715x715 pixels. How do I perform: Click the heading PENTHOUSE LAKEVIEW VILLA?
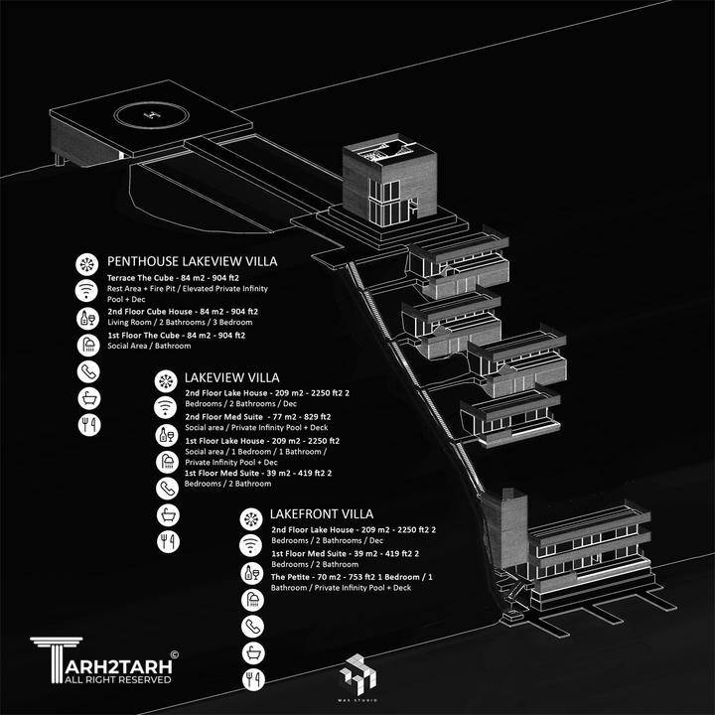pyautogui.click(x=192, y=261)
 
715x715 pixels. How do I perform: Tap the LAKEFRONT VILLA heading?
pyautogui.click(x=322, y=514)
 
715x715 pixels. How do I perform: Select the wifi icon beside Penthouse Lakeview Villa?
pyautogui.click(x=87, y=290)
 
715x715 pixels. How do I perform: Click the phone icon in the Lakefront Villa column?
pyautogui.click(x=252, y=626)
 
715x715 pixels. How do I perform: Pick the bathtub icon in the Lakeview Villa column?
pyautogui.click(x=168, y=515)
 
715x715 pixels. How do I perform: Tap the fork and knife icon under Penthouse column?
pyautogui.click(x=89, y=425)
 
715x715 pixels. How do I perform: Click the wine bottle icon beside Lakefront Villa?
pyautogui.click(x=251, y=573)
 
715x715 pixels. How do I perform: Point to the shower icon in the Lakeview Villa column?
pyautogui.click(x=168, y=462)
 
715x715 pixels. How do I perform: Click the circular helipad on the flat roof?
pyautogui.click(x=151, y=114)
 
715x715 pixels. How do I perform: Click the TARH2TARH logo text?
pyautogui.click(x=118, y=667)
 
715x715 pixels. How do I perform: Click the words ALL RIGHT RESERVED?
pyautogui.click(x=117, y=680)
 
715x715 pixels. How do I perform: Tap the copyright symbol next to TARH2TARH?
pyautogui.click(x=174, y=654)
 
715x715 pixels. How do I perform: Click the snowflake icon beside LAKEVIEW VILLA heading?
pyautogui.click(x=166, y=381)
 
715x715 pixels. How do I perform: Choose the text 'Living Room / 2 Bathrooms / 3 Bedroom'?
pyautogui.click(x=180, y=322)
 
